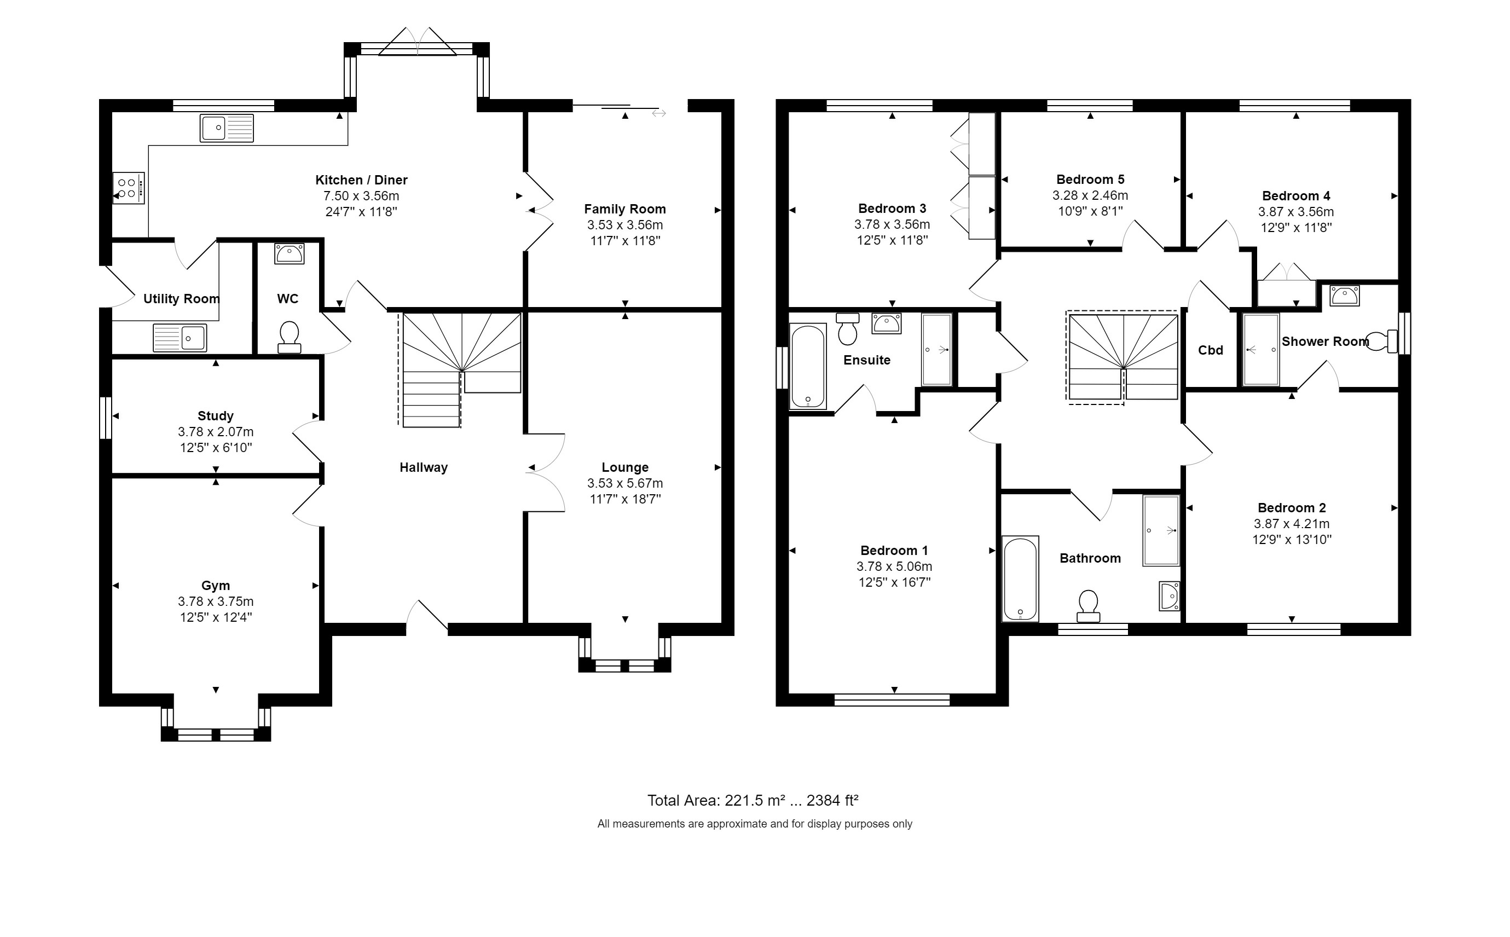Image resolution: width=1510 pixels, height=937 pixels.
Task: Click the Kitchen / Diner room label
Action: pos(361,180)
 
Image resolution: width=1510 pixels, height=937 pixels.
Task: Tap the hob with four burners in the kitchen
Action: pos(129,188)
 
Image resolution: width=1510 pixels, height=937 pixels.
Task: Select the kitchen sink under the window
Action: pos(227,128)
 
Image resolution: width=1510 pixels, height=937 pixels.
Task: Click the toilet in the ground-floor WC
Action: pos(290,337)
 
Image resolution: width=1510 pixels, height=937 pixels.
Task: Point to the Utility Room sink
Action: pos(180,338)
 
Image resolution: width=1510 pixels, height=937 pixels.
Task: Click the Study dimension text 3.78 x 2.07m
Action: pos(216,432)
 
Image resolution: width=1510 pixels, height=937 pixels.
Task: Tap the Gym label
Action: pos(216,586)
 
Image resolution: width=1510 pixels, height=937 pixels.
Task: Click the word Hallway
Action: pos(424,468)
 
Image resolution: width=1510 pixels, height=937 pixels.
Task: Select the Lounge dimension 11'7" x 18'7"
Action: pos(625,499)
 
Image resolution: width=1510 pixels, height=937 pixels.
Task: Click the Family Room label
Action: pos(625,210)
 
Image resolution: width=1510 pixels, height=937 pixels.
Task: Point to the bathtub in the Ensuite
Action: pos(808,366)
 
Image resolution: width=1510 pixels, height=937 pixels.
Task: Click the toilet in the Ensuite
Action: pos(848,329)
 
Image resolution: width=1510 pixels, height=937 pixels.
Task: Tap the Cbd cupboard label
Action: pos(1211,351)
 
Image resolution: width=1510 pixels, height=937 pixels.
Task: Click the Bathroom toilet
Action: pos(1089,606)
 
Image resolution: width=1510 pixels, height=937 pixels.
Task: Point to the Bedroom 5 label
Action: pos(1091,180)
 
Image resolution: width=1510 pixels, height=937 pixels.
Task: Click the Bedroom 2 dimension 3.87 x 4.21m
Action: pos(1292,524)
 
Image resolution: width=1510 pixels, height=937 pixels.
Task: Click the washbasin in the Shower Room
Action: pos(1345,296)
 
